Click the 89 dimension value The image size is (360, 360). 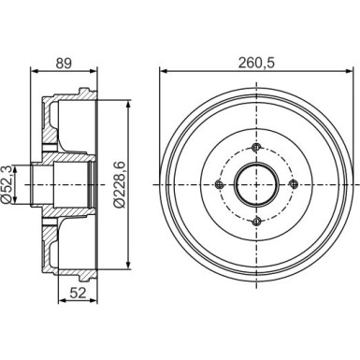coord(64,63)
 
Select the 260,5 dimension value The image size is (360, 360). coord(256,63)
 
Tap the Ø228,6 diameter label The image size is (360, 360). coord(119,184)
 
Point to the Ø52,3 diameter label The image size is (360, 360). coord(7,184)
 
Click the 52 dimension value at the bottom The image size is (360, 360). coord(78,293)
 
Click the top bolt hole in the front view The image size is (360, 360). coord(256,147)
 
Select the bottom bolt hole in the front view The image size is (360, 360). coord(256,222)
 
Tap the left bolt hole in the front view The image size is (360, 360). coord(220,184)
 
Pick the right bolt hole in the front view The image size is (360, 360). coord(294,184)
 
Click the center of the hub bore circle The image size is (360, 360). coord(256,184)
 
